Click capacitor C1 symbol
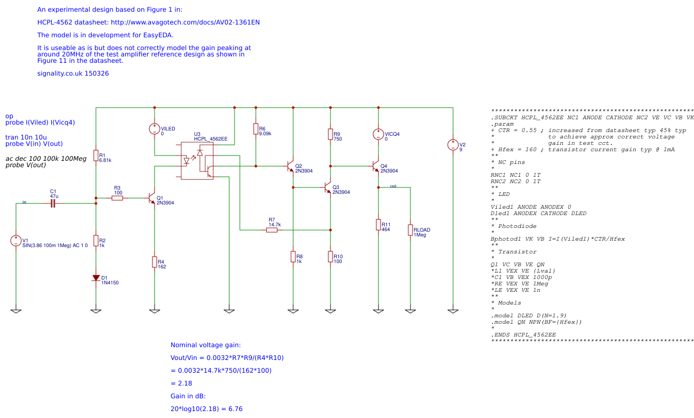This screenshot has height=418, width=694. coord(53,203)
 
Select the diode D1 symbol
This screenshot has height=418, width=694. coord(96,278)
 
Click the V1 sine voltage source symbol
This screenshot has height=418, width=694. coord(16,241)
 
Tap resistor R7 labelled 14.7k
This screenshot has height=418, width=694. coord(272,230)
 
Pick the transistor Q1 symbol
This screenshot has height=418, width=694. coord(152,198)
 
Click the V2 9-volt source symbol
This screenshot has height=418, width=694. coord(453,145)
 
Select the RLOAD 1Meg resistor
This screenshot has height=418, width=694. coord(410,230)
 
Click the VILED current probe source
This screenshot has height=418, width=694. coord(155,129)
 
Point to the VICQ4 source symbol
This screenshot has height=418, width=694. coord(378,134)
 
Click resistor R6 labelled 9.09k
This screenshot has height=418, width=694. coord(256,129)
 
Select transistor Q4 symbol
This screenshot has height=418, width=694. coord(376,166)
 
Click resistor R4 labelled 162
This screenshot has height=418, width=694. coord(155,261)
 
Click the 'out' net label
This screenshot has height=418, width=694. coord(393,186)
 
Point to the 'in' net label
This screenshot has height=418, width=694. coord(24,202)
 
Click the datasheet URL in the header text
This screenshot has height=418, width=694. coord(185,22)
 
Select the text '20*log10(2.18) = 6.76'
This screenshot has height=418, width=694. coord(207,409)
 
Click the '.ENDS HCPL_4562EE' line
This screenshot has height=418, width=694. coord(523,334)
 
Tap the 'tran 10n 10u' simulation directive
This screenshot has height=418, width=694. coord(26,137)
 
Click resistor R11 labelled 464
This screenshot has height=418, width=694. coord(378,225)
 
